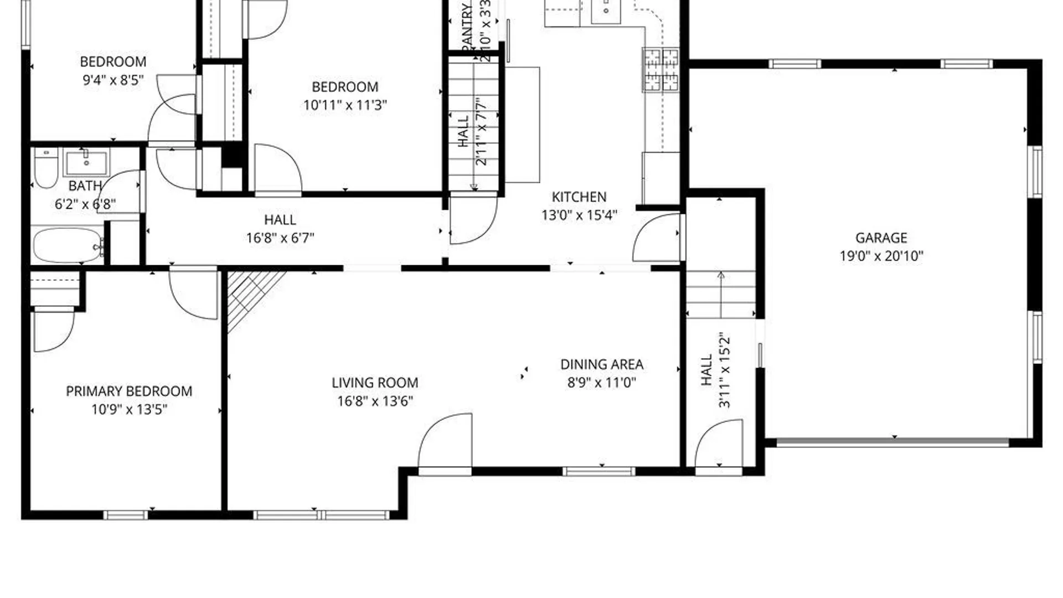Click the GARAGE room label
(x=881, y=238)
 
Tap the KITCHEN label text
(x=579, y=197)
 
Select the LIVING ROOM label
(x=375, y=383)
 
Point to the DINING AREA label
(x=602, y=364)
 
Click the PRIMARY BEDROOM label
(x=129, y=391)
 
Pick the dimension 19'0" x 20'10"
(x=881, y=256)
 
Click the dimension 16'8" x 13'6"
(x=375, y=401)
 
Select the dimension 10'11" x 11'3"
(x=345, y=105)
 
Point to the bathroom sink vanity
(x=86, y=162)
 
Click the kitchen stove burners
(x=660, y=69)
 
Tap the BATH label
(x=85, y=186)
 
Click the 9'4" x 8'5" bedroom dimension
(x=113, y=80)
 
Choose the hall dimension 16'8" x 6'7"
(x=280, y=238)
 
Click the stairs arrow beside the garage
(x=721, y=294)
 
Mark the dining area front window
(x=599, y=472)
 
